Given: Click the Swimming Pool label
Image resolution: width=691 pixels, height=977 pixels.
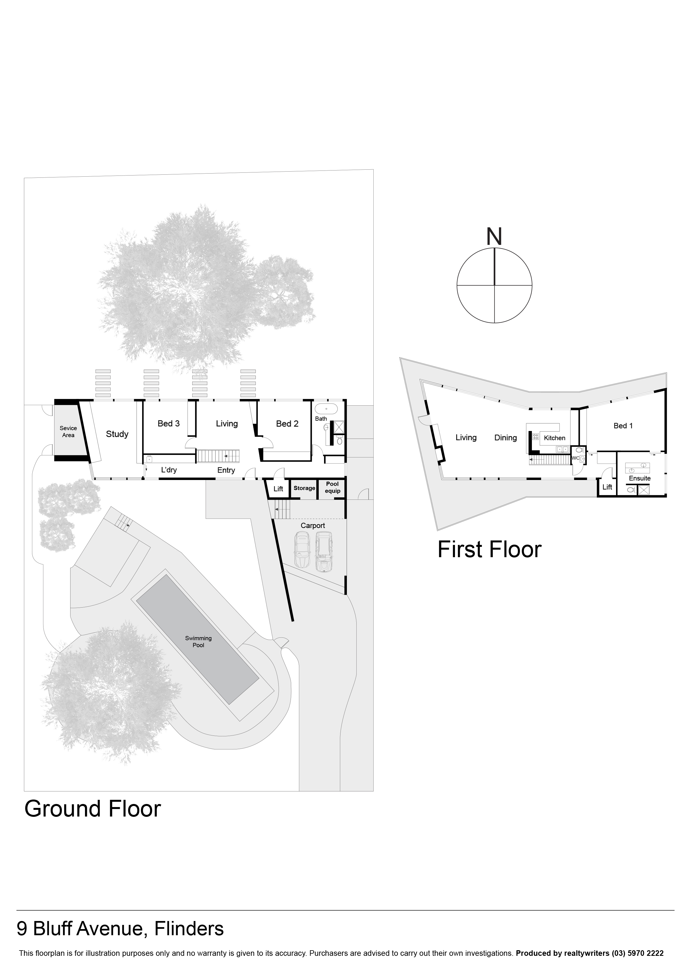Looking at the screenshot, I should pyautogui.click(x=198, y=641).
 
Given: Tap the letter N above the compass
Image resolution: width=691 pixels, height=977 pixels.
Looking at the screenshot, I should pyautogui.click(x=494, y=237).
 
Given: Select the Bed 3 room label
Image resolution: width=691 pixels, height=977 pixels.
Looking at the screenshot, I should pyautogui.click(x=169, y=423).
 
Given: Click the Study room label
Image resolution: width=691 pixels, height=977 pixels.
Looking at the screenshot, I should pyautogui.click(x=117, y=434).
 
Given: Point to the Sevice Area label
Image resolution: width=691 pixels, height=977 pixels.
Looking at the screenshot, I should pyautogui.click(x=68, y=432).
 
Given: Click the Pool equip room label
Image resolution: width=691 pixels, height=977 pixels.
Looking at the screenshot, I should pyautogui.click(x=332, y=487).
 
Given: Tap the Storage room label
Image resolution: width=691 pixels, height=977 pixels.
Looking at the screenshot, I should pyautogui.click(x=304, y=488).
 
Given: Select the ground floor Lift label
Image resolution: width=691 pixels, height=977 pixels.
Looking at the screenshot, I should pyautogui.click(x=278, y=489).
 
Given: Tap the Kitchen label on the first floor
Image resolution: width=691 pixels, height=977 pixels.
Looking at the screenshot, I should pyautogui.click(x=554, y=438).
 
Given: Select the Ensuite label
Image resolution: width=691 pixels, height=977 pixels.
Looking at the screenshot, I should pyautogui.click(x=639, y=478).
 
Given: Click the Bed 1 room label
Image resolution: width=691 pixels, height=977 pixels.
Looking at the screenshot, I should pyautogui.click(x=623, y=425).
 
